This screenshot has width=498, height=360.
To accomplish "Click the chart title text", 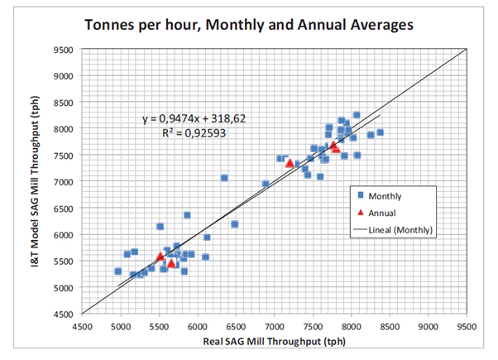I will [x=249, y=24].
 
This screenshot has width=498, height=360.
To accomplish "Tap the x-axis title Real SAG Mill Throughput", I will [x=274, y=342].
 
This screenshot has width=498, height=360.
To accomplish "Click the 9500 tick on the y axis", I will [x=64, y=50].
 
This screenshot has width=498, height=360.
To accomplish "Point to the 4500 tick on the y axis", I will [x=64, y=314].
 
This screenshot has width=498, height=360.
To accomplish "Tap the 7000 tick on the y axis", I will [x=64, y=182].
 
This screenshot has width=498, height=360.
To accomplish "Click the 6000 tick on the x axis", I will [x=198, y=326].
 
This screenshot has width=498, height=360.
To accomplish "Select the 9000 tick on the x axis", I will [x=428, y=326].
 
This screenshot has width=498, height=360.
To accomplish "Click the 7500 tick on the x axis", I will [x=313, y=326].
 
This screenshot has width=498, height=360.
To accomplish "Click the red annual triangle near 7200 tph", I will [x=290, y=163].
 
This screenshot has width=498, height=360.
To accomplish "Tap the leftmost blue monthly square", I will [x=118, y=271].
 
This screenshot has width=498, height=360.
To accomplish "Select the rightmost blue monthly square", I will [x=380, y=132].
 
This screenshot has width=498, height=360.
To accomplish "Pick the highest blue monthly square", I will [x=357, y=116].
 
